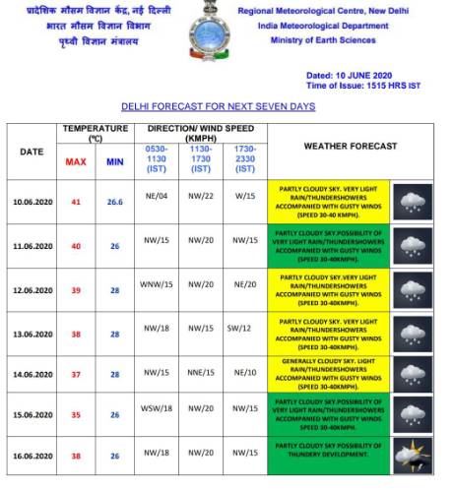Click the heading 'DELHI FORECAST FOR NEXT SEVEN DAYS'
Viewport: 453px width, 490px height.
(x=218, y=105)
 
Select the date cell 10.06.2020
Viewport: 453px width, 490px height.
(x=32, y=202)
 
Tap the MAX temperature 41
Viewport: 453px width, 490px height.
(x=76, y=202)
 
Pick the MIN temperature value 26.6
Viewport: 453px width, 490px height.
(x=114, y=202)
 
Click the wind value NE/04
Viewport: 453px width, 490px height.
(x=159, y=196)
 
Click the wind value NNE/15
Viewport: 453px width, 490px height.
(x=201, y=372)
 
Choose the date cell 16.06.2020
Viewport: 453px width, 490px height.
(x=32, y=458)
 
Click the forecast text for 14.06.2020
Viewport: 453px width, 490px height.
(x=327, y=372)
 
